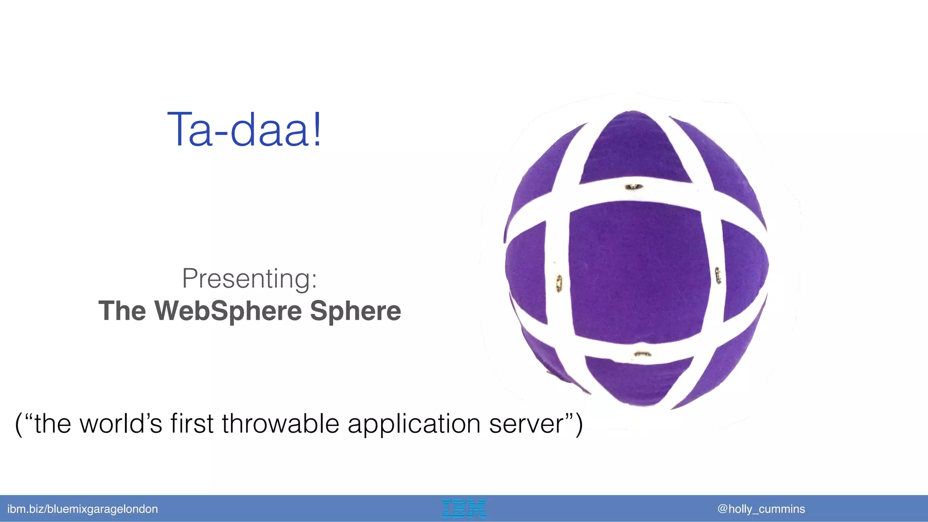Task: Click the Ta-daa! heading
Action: pyautogui.click(x=245, y=130)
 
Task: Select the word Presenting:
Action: pyautogui.click(x=249, y=278)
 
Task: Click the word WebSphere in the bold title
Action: pyautogui.click(x=228, y=311)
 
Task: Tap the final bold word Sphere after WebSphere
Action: pyautogui.click(x=355, y=311)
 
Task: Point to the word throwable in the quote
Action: pyautogui.click(x=280, y=424)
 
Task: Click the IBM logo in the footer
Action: pyautogui.click(x=464, y=508)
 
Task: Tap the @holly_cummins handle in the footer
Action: pyautogui.click(x=761, y=509)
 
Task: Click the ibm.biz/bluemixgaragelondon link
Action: pyautogui.click(x=82, y=509)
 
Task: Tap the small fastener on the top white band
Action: pyautogui.click(x=633, y=187)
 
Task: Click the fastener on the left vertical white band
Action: pyautogui.click(x=559, y=283)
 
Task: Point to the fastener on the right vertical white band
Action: pyautogui.click(x=718, y=275)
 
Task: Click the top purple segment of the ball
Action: pyautogui.click(x=634, y=150)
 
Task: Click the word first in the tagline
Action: pyautogui.click(x=192, y=424)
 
